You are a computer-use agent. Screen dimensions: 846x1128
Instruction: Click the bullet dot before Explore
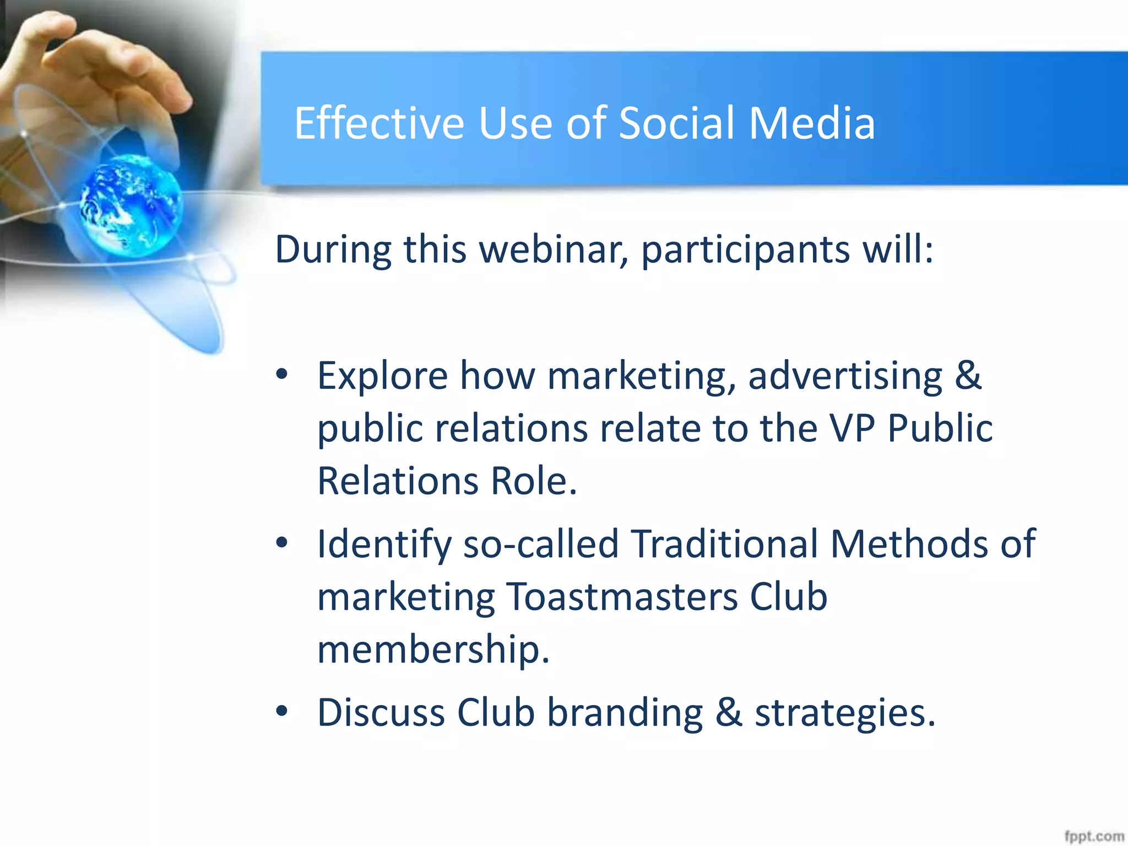(282, 375)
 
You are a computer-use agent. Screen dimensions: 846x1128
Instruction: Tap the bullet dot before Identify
(282, 543)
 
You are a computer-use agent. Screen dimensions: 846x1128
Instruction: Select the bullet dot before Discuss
(282, 712)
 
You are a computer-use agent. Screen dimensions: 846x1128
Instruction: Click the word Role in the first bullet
(533, 481)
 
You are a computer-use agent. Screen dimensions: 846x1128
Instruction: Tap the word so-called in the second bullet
(541, 544)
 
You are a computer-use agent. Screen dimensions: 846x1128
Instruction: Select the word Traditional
(724, 544)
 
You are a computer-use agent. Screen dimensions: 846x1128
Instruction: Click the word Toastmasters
(622, 597)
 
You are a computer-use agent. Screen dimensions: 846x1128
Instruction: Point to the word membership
(433, 650)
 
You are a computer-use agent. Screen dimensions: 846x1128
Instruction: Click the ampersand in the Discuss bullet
(729, 712)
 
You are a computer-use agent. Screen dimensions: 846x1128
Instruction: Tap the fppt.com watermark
(1093, 836)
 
